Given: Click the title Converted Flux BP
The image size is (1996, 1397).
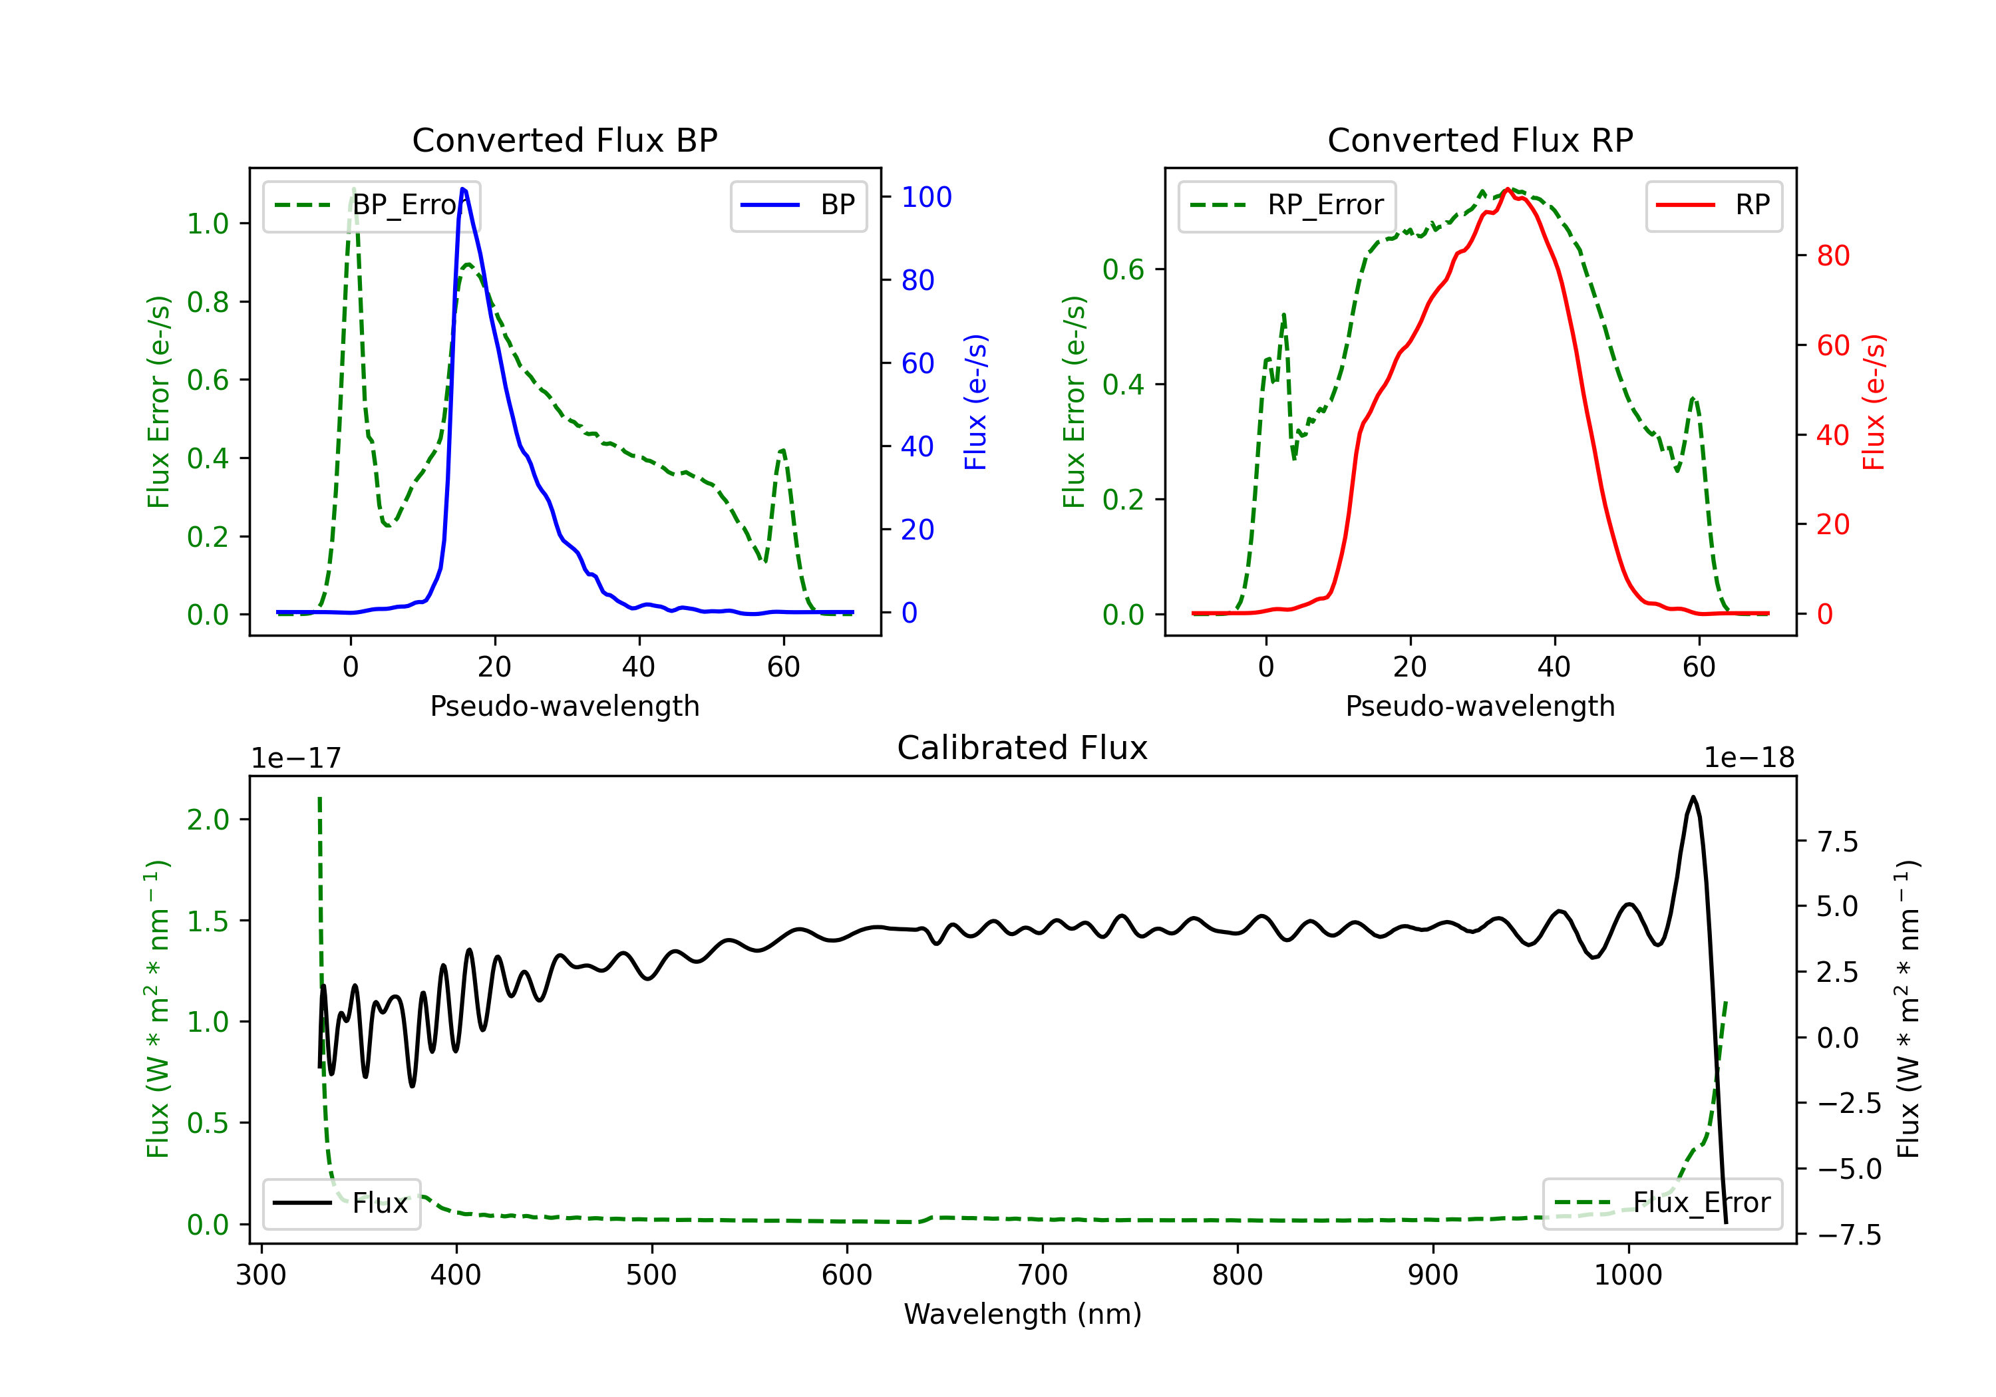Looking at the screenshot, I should point(564,140).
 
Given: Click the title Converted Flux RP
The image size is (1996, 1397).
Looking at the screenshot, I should point(1480,140).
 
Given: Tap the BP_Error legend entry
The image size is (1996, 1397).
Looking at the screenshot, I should point(371,205).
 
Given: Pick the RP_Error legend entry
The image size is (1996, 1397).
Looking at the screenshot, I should point(1287,205).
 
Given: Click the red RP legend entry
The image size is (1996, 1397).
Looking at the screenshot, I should point(1713,205).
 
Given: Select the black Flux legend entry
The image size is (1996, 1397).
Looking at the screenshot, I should point(342,1203).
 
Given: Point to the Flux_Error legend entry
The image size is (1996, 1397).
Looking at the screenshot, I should point(1662,1203).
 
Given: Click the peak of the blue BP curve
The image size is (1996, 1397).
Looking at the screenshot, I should point(463,189).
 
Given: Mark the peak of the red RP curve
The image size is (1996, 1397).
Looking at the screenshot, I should point(1508,189).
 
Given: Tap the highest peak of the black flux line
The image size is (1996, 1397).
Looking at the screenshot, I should point(1693,796).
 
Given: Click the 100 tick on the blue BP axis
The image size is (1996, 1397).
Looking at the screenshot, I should point(926,198).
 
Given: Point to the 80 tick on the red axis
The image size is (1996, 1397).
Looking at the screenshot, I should point(1832,255).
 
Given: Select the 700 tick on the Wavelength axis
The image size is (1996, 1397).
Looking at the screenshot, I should point(1043,1275).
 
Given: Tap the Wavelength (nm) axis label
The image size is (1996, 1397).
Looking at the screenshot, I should point(1023,1314).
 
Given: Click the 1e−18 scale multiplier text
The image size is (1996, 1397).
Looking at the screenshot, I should point(1749,758).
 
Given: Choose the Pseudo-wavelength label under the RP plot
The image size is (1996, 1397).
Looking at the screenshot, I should point(1480,706).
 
